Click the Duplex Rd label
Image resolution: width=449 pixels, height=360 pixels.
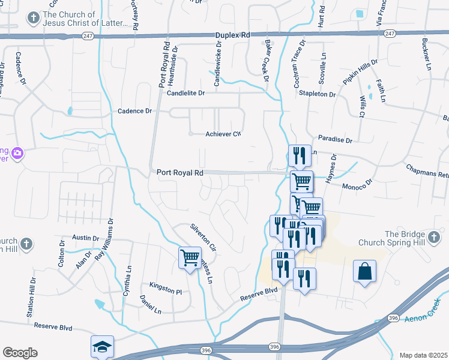click(x=233, y=35)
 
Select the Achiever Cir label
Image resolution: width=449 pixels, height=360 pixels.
click(x=223, y=134)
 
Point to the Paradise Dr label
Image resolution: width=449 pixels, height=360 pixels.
click(x=335, y=139)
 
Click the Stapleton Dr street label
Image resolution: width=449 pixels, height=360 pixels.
click(x=319, y=94)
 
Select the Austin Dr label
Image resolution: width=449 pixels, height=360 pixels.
click(x=85, y=238)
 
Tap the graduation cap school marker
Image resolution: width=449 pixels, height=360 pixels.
click(x=101, y=346)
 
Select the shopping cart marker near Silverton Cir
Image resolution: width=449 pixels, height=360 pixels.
click(x=190, y=258)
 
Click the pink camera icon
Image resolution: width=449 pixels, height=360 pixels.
click(x=17, y=152)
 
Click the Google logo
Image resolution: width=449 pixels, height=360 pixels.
click(x=20, y=352)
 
